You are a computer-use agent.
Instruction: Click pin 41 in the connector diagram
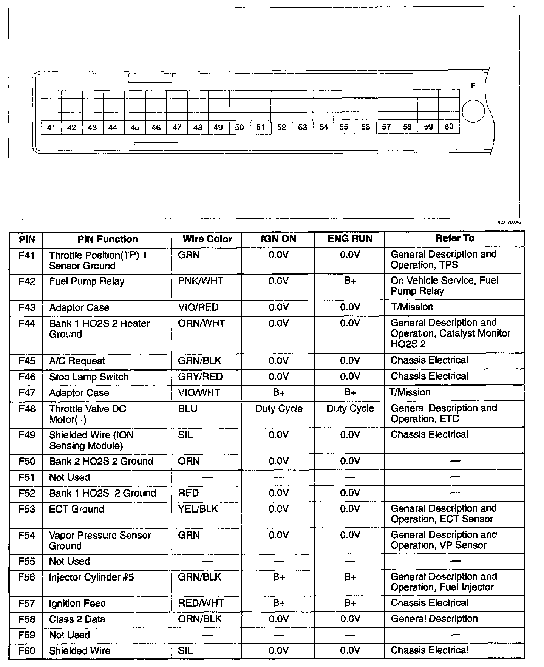click(51, 128)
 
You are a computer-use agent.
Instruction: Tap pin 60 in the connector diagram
click(449, 127)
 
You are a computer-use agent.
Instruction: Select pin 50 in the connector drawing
click(239, 127)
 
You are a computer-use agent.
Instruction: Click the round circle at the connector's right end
click(473, 111)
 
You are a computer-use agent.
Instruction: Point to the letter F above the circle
click(473, 86)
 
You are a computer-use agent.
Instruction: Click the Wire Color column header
click(207, 239)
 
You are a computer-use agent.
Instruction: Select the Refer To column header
click(455, 238)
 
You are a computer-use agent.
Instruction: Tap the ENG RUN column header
click(350, 239)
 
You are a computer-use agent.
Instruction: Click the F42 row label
click(27, 281)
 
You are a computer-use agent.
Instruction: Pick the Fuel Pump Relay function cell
click(87, 281)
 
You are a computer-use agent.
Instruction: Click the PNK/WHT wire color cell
click(200, 281)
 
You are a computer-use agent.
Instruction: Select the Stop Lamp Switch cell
click(89, 377)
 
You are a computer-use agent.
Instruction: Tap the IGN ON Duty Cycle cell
click(279, 409)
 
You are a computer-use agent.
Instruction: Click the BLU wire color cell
click(188, 409)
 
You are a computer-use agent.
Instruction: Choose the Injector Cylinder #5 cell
click(91, 577)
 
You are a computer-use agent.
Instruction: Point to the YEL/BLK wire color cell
click(198, 509)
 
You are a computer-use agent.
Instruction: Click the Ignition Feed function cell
click(77, 604)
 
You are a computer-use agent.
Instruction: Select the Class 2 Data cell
click(77, 619)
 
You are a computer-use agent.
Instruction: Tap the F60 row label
click(27, 651)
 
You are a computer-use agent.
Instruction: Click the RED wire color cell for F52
click(188, 493)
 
